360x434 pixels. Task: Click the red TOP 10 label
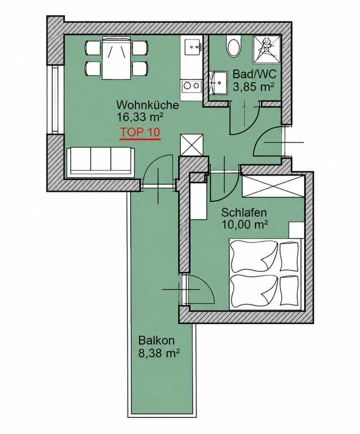(140, 132)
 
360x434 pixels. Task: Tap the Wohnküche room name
(147, 105)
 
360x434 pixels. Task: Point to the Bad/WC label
(254, 75)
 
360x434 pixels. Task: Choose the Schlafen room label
(244, 213)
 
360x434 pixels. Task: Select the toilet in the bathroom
(234, 47)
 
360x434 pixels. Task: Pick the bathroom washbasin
(218, 82)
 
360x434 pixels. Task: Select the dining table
(116, 58)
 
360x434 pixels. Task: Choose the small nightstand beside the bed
(297, 229)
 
